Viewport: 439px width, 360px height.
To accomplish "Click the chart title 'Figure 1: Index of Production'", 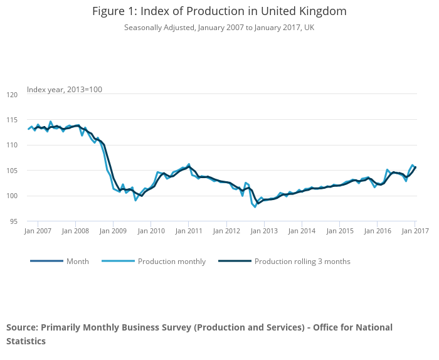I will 219,11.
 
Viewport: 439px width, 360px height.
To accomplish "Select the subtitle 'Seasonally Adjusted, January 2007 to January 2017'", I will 219,28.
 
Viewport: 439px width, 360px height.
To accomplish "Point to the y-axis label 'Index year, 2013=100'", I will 65,90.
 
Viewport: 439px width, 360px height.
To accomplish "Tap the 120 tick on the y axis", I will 12,95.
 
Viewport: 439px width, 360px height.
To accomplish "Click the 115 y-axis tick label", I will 12,120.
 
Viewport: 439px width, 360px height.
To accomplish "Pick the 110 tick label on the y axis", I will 12,145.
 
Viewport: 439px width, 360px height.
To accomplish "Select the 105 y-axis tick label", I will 12,171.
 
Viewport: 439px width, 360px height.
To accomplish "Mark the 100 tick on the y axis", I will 12,196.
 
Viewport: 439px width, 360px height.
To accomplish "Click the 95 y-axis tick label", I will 14,221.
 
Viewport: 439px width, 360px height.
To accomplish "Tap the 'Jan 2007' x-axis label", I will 38,231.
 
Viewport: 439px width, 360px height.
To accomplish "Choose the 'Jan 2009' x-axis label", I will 113,231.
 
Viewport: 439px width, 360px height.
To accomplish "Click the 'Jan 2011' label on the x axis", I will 188,231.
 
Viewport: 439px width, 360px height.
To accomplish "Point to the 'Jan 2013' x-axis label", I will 264,231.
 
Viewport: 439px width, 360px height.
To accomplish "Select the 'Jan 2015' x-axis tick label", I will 339,231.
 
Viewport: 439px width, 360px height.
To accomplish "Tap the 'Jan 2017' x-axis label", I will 415,231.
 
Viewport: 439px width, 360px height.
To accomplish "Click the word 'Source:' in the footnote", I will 22,327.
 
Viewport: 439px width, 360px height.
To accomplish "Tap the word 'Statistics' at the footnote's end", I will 26,341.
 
